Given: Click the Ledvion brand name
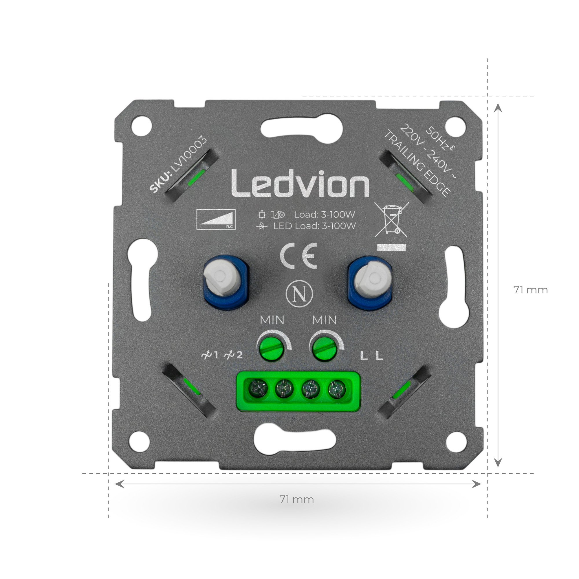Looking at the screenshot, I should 300,184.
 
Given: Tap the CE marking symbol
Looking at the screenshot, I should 298,256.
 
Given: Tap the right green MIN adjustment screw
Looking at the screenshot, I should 324,348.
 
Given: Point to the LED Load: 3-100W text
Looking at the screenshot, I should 314,226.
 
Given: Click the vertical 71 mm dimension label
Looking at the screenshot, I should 530,290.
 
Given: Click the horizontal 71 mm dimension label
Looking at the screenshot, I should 296,499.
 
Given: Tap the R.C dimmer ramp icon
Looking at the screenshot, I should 216,219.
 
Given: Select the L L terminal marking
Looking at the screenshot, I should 371,356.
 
